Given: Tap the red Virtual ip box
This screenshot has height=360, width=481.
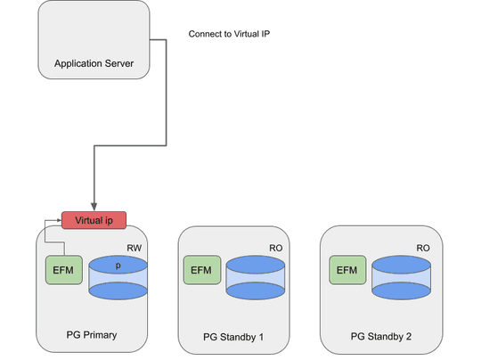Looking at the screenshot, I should point(94,220).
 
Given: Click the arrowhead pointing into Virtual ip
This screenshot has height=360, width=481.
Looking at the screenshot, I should point(94,208).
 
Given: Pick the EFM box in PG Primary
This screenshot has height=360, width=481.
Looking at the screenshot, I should point(62,269).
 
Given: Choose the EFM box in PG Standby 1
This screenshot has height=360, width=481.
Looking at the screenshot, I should point(201,270).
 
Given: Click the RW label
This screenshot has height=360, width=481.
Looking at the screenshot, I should point(135,249).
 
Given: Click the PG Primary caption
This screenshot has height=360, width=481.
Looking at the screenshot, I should point(92,335).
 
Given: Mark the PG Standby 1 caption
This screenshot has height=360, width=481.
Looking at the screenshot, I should point(233,337).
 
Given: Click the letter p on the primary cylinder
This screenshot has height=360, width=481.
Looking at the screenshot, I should point(118,266).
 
